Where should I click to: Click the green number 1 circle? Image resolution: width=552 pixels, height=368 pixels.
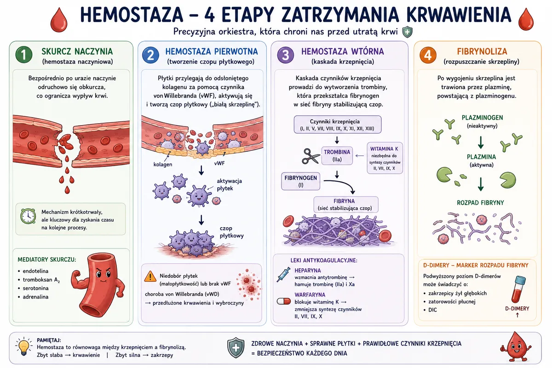[x=24, y=55]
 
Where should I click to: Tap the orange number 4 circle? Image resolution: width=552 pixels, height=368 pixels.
[x=428, y=55]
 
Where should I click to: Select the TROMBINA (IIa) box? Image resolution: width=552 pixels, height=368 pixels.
[x=337, y=156]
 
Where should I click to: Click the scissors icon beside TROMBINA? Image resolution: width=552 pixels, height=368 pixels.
[x=311, y=156]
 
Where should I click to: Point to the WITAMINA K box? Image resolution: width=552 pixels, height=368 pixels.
[x=385, y=158]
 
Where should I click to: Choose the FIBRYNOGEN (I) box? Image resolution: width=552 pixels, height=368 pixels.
[x=301, y=181]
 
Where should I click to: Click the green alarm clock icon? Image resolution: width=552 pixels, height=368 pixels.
[x=28, y=216]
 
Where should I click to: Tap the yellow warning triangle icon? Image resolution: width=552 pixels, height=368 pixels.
[x=150, y=276]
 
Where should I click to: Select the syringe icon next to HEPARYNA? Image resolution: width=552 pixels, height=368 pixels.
[x=284, y=275]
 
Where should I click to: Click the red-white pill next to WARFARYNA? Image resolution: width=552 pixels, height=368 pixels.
[x=284, y=301]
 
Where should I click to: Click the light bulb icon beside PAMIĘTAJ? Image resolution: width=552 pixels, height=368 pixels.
[x=23, y=346]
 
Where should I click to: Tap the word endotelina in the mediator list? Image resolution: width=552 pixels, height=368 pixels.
[x=35, y=271]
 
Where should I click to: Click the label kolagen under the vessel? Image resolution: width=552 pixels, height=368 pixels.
[x=163, y=164]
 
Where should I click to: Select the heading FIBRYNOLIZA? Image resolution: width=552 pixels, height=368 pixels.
[x=482, y=51]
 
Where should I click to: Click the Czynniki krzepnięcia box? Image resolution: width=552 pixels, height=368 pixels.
[x=338, y=125]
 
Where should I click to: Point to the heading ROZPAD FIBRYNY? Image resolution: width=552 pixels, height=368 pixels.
[x=480, y=203]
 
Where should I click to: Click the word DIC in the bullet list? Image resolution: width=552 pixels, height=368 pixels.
[x=432, y=310]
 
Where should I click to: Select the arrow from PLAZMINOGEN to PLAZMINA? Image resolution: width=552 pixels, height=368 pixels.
[x=481, y=142]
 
